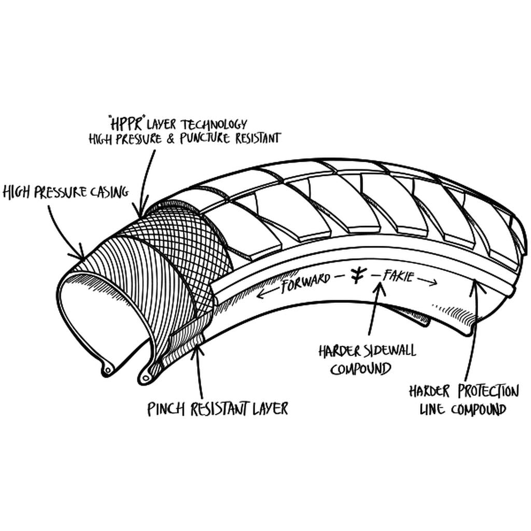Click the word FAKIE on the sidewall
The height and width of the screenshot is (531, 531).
[398, 276]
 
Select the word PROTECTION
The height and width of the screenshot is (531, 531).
[486, 390]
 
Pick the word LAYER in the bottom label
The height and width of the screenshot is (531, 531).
[270, 409]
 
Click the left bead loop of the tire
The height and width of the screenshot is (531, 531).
[107, 370]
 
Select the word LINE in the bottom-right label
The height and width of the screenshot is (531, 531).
[431, 410]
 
